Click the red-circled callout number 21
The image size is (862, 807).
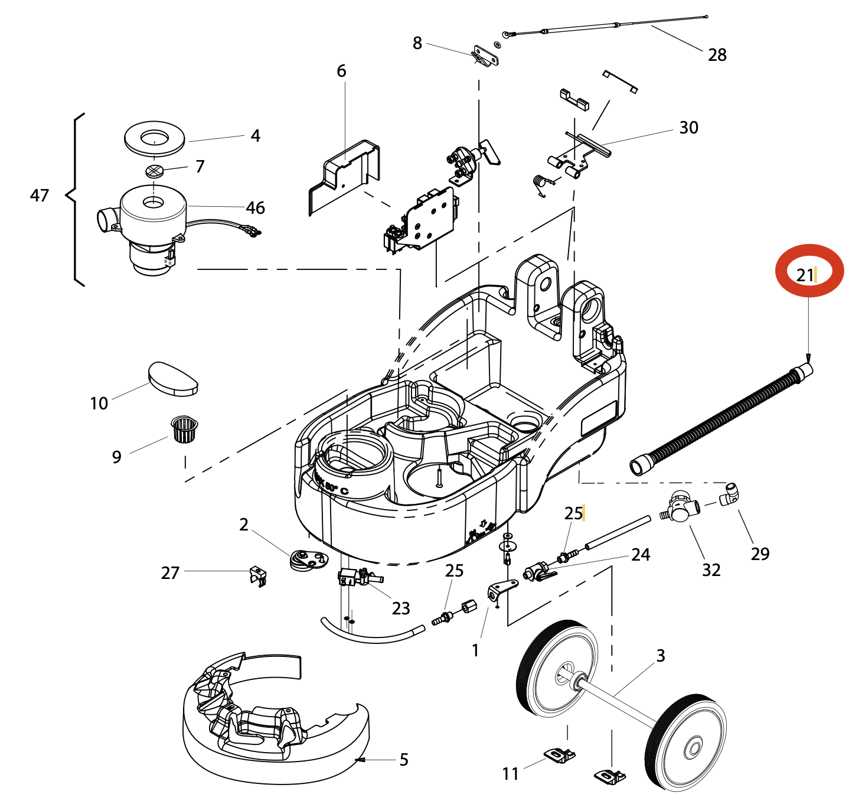click(805, 275)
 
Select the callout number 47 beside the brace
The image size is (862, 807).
click(40, 196)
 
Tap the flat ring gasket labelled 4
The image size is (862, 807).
click(154, 139)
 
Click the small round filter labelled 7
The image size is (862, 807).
click(154, 171)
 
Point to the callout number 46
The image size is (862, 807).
click(255, 208)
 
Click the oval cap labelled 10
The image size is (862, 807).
click(172, 378)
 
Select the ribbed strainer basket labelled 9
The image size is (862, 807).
click(184, 428)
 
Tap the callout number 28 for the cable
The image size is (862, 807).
click(717, 55)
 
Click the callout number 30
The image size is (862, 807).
click(688, 128)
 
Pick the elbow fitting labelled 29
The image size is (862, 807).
click(730, 494)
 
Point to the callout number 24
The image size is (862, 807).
click(641, 555)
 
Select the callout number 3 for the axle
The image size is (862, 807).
click(661, 656)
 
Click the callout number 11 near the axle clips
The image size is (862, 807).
click(511, 773)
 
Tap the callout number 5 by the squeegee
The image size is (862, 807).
click(404, 760)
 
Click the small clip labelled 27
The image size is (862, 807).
click(258, 575)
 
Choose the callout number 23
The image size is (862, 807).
click(401, 608)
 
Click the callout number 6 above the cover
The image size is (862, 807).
click(341, 71)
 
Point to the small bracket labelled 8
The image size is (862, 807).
click(486, 56)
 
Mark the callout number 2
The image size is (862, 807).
click(244, 525)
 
